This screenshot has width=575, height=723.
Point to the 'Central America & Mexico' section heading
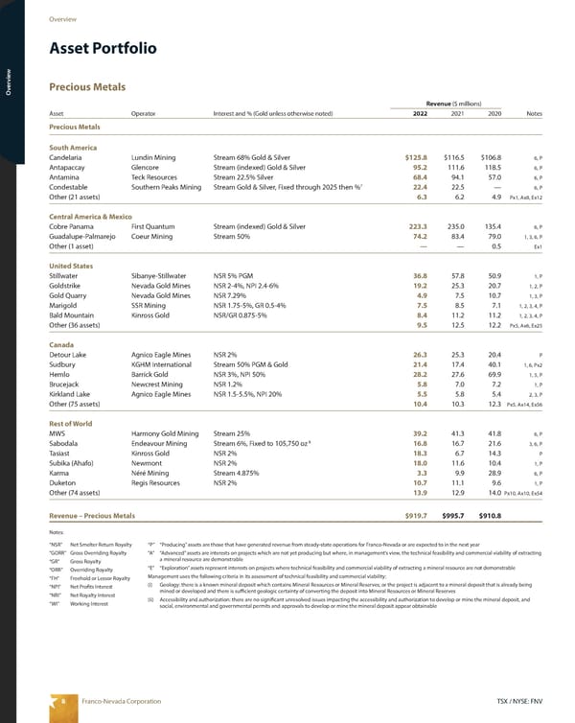pyautogui.click(x=90, y=217)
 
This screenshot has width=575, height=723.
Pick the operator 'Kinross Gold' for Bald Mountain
pyautogui.click(x=154, y=315)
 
